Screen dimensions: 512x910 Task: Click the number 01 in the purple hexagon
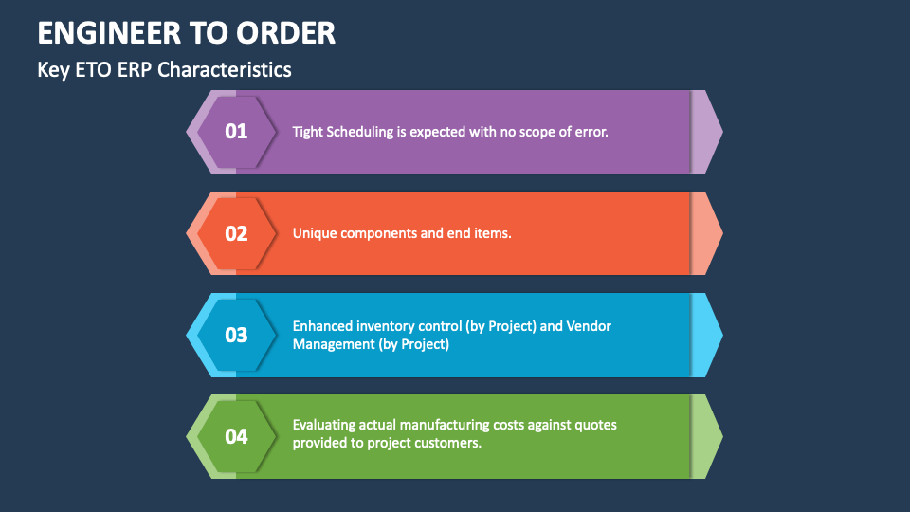pyautogui.click(x=236, y=132)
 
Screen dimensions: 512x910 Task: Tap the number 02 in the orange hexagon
pyautogui.click(x=236, y=233)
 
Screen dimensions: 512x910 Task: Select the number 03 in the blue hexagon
pyautogui.click(x=236, y=335)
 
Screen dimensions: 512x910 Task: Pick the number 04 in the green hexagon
pyautogui.click(x=236, y=436)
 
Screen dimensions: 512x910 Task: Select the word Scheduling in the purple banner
pyautogui.click(x=359, y=132)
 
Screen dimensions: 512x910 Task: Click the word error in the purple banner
pyautogui.click(x=590, y=132)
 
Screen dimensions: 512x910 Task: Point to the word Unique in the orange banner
pyautogui.click(x=314, y=233)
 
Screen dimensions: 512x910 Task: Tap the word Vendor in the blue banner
pyautogui.click(x=589, y=326)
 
